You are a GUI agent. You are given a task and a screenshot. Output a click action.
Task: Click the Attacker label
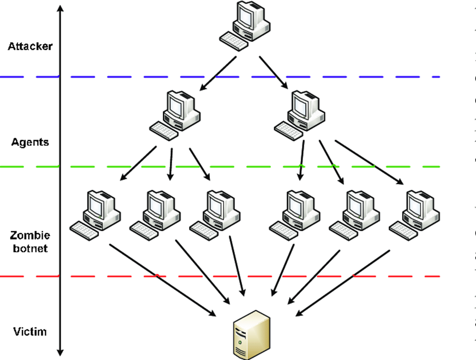click(x=30, y=47)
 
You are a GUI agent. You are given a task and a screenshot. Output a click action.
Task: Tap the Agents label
click(x=30, y=142)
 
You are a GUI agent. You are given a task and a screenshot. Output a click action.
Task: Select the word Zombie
click(x=30, y=236)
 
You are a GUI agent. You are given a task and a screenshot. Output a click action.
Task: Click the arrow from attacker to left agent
click(x=217, y=74)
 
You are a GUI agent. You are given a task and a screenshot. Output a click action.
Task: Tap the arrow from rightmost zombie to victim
click(x=342, y=283)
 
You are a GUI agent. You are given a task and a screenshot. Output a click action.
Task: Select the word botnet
click(x=30, y=249)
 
